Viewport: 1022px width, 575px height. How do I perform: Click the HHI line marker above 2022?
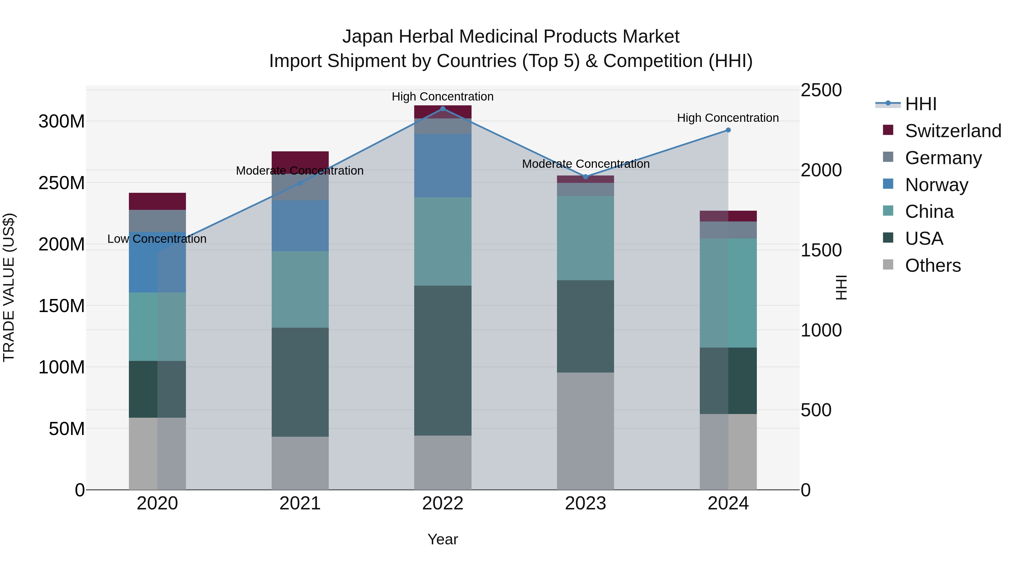(x=443, y=109)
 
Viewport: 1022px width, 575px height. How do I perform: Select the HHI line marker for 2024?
(x=728, y=130)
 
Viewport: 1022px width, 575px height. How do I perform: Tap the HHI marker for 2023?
(x=586, y=177)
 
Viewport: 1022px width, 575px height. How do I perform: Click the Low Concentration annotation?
(x=157, y=239)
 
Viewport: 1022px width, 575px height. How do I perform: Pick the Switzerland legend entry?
(x=953, y=131)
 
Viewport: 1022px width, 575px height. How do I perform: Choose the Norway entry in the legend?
(x=936, y=185)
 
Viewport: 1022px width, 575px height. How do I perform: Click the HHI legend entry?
(x=920, y=104)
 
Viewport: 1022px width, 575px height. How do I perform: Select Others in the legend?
(x=933, y=265)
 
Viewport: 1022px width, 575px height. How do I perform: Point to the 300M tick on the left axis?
(x=62, y=122)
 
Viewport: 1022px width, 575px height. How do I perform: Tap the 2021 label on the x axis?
(x=300, y=503)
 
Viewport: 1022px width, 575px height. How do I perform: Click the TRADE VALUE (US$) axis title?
(x=9, y=287)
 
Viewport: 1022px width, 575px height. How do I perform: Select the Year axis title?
(x=443, y=539)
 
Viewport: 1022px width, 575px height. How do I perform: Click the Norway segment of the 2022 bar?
(x=443, y=166)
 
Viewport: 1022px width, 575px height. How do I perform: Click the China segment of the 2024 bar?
(x=728, y=293)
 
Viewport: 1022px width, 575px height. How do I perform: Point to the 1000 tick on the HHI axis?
(x=821, y=330)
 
